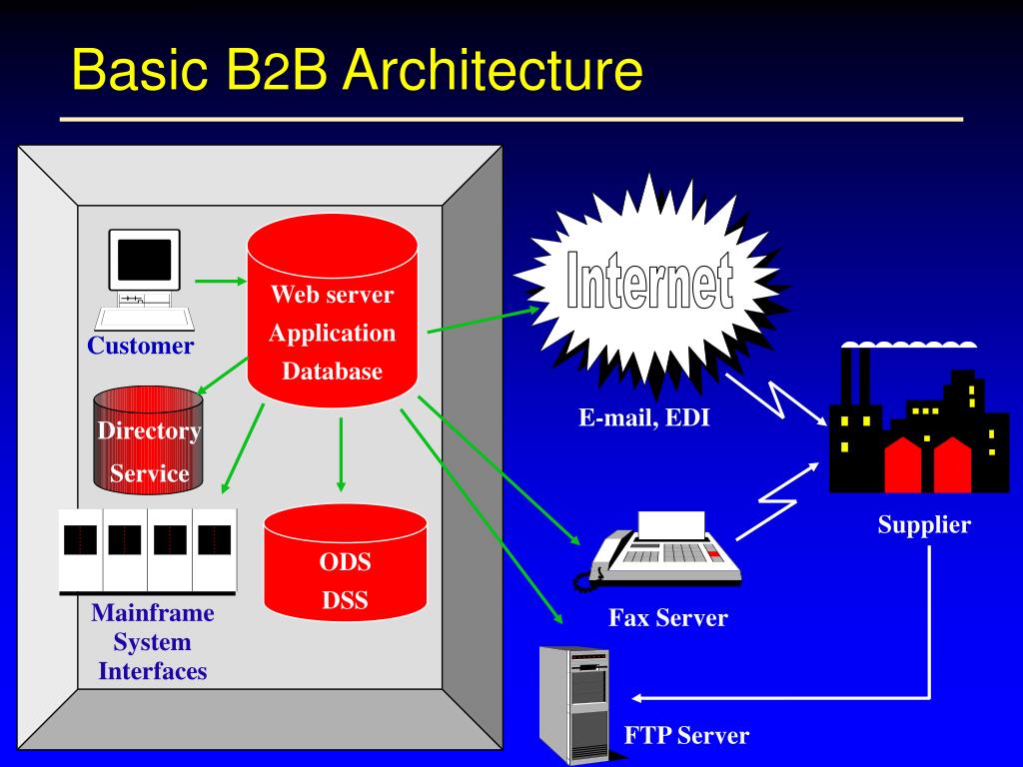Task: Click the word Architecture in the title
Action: point(493,69)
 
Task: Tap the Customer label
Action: point(140,346)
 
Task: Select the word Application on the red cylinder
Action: point(332,334)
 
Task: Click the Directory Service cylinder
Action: point(148,439)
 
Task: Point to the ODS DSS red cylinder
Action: point(345,563)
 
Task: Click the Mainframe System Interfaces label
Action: point(153,642)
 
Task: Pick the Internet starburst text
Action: point(649,280)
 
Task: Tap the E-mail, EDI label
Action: point(644,417)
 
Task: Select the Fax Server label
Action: point(668,617)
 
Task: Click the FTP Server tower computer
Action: point(574,704)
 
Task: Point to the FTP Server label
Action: point(686,736)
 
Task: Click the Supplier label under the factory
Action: point(924,524)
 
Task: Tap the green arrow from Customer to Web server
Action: point(221,281)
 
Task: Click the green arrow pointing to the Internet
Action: point(484,320)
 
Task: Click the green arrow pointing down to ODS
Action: point(341,454)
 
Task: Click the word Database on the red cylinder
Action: point(332,372)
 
